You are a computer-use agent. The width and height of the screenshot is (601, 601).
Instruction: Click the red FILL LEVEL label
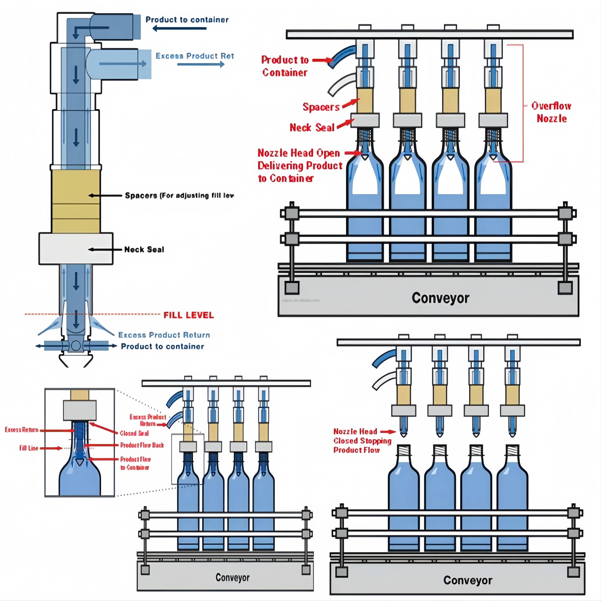tap(189, 315)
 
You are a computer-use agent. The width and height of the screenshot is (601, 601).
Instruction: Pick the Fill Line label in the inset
tap(29, 448)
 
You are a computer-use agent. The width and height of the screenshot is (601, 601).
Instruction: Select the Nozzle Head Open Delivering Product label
tap(300, 165)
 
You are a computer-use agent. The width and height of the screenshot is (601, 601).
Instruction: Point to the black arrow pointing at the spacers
tap(105, 195)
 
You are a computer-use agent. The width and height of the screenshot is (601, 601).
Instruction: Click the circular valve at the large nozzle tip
tap(76, 346)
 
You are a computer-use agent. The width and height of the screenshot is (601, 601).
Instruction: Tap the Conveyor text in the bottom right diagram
tap(468, 580)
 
